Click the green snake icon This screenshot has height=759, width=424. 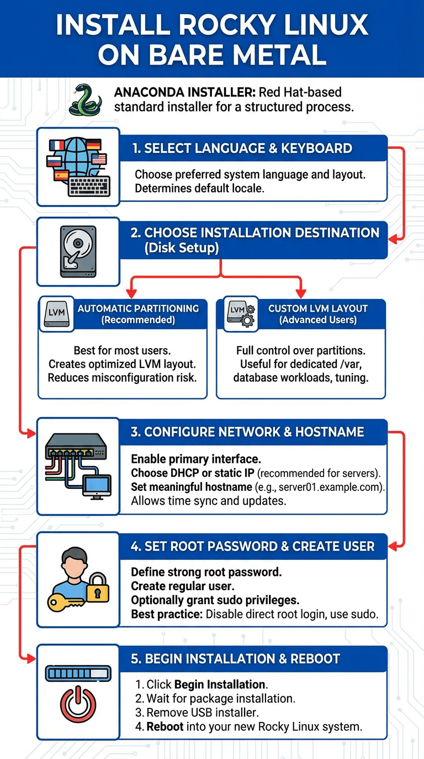click(x=85, y=100)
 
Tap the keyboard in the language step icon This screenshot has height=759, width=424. click(x=89, y=186)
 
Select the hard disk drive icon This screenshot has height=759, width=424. click(x=78, y=252)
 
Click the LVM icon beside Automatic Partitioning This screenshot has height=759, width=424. click(x=57, y=313)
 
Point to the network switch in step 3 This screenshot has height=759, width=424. click(x=76, y=446)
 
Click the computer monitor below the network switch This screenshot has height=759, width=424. click(x=97, y=487)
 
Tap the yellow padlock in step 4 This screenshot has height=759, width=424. click(x=98, y=587)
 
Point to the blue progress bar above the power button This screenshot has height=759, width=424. click(x=78, y=674)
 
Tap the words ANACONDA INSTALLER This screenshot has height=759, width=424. click(x=184, y=92)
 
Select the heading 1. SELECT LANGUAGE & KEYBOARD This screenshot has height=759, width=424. click(x=242, y=148)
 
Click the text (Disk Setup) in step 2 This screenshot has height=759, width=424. click(x=182, y=248)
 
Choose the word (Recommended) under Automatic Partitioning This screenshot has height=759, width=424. click(x=138, y=320)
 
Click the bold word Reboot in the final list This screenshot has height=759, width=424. click(x=165, y=727)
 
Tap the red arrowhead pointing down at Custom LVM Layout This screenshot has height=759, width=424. click(x=300, y=293)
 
